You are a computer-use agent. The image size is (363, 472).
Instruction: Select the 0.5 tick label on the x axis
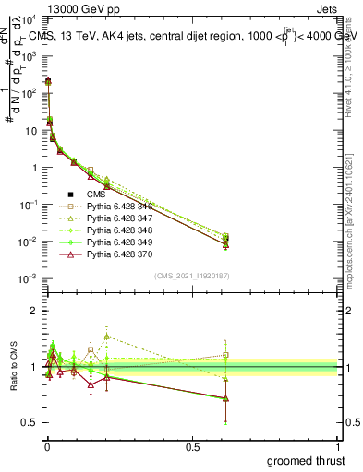193,447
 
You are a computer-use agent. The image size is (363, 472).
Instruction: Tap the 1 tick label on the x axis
339,447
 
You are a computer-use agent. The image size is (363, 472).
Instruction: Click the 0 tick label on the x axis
46,447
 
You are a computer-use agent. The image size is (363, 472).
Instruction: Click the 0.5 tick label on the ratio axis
30,422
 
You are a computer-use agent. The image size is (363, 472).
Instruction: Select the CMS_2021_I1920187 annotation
192,276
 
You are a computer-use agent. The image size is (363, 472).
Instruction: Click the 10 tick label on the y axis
32,130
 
